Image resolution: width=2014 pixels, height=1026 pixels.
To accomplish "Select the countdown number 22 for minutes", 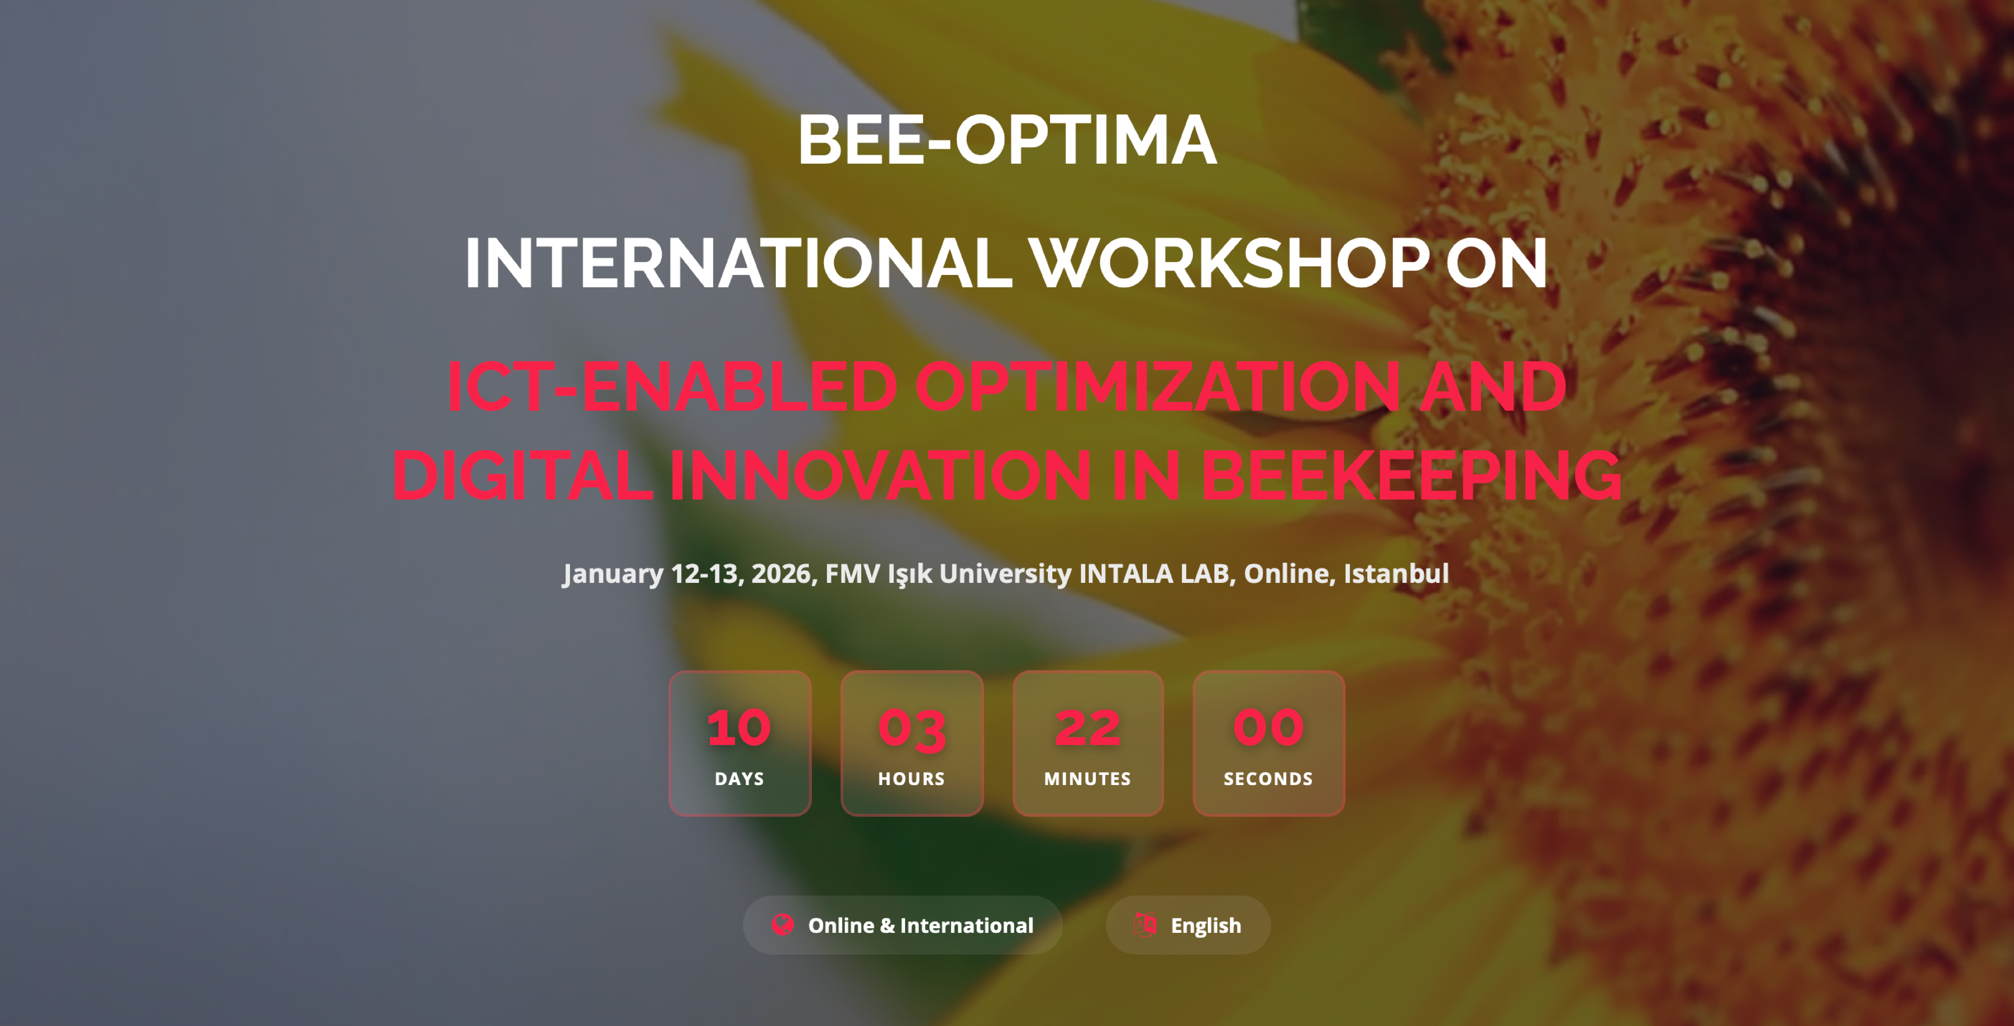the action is pos(1088,728).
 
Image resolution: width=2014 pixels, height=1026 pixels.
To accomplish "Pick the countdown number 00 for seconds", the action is pos(1268,728).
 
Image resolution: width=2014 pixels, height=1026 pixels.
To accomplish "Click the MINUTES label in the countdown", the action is pos(1088,779).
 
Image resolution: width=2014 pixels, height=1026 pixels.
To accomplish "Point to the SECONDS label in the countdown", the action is pos(1268,779).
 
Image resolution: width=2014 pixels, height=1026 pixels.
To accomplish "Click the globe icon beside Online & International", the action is pos(783,925).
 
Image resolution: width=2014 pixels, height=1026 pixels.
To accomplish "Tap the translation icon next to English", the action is pos(1145,924).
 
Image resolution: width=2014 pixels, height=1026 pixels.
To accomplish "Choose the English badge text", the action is pos(1206,926).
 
